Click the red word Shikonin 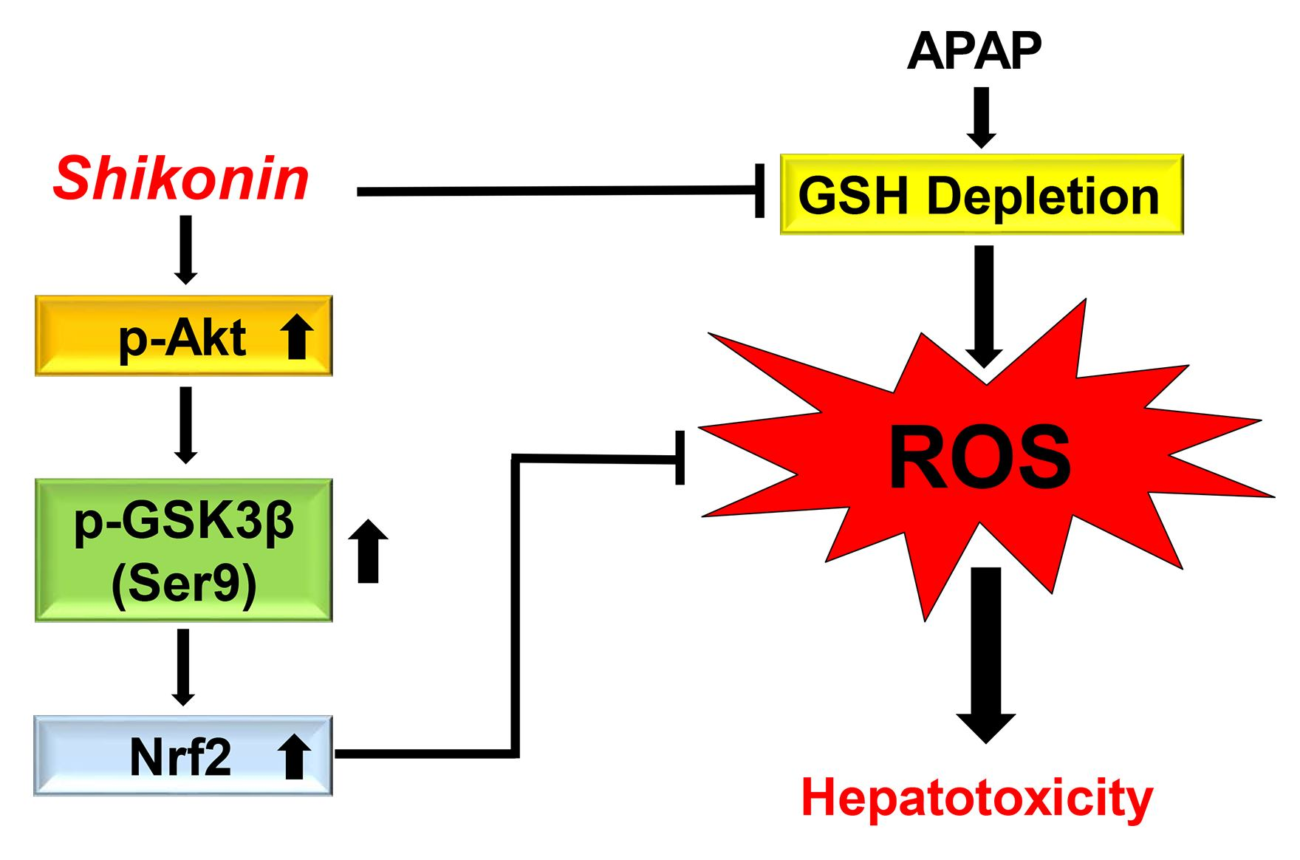181,180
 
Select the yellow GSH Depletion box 981,195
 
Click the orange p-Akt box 183,337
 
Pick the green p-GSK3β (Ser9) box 183,550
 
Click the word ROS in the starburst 979,458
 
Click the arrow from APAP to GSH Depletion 981,117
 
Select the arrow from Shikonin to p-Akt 185,250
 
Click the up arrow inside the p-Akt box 297,339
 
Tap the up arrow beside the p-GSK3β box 368,551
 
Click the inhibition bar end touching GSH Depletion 759,191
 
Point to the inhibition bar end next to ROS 680,459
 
